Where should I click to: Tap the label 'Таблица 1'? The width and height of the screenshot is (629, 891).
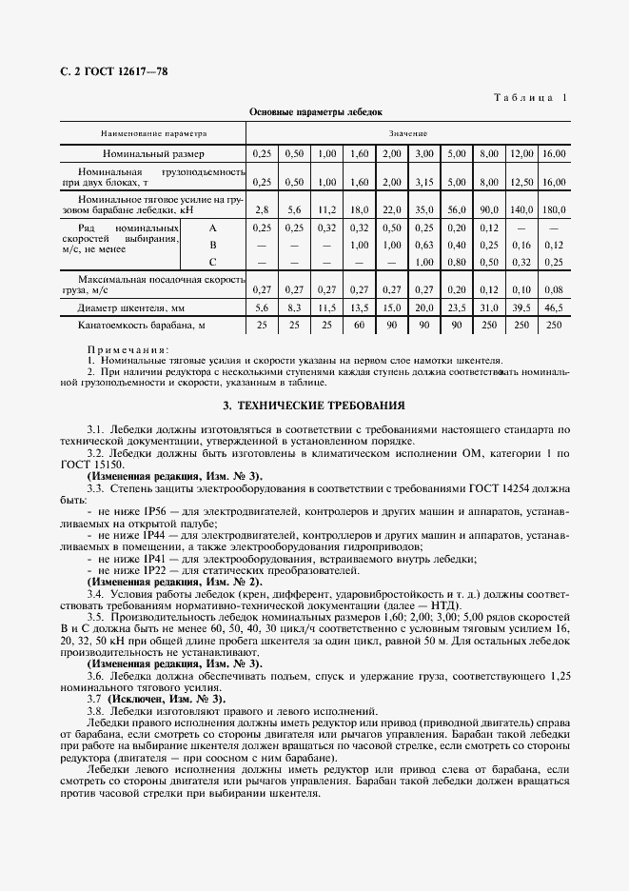531,98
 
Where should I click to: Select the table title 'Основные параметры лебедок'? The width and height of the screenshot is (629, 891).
315,111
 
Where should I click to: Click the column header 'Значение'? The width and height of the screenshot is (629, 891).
408,133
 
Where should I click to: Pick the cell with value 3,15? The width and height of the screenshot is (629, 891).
424,181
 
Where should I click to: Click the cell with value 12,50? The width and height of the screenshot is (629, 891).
521,181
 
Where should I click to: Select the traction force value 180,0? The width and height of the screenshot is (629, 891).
553,208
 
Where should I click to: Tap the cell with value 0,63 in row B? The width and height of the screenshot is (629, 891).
424,245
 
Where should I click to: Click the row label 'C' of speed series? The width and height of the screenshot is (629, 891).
213,261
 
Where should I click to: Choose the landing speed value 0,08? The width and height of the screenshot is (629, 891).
553,288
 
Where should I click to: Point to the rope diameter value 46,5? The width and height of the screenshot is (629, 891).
553,307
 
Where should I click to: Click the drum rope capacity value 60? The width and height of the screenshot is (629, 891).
360,326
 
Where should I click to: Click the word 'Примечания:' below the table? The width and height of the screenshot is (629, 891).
128,350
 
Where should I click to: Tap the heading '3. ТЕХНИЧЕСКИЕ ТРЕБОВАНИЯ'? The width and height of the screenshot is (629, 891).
315,405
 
